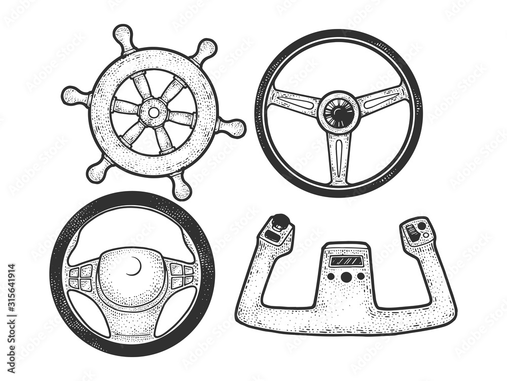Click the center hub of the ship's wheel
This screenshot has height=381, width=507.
coord(153,112)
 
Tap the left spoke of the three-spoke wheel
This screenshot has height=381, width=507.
coord(294,102)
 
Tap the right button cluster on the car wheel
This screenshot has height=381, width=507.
coord(182,275)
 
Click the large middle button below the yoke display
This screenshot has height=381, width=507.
coord(346,277)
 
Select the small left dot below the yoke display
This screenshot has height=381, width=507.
coord(331,277)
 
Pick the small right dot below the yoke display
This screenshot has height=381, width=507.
coord(360,276)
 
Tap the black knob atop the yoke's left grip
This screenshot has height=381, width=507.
coord(279,223)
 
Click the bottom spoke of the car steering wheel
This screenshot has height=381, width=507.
coord(133,323)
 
